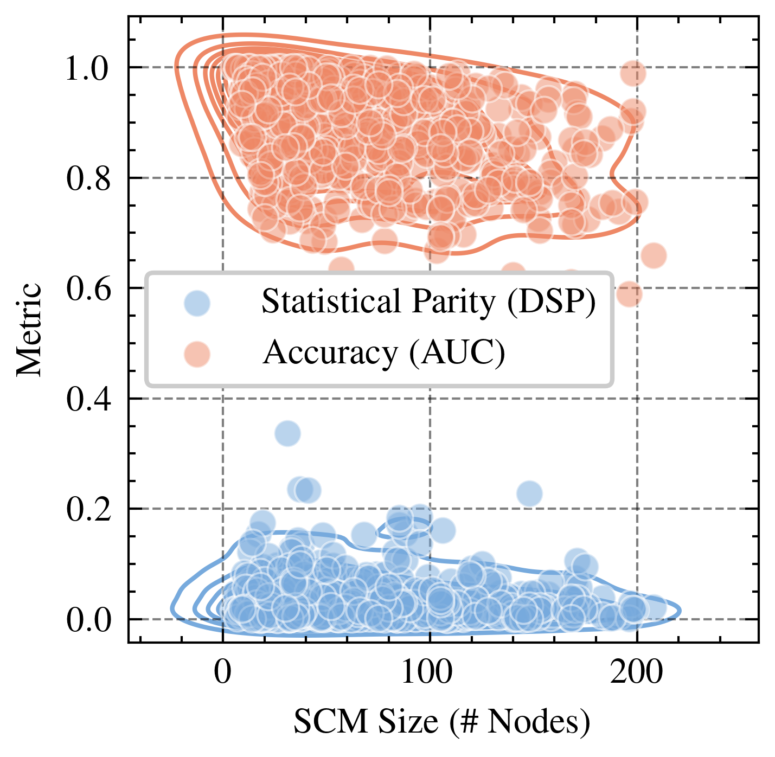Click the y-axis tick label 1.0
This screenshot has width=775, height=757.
[86, 69]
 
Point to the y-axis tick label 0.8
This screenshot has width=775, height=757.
[86, 179]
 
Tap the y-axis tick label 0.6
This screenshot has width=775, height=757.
[86, 289]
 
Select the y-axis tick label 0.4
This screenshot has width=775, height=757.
[86, 400]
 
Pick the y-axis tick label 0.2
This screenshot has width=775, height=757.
[86, 510]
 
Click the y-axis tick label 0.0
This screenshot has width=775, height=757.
[86, 620]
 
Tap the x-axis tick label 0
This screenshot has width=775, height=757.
[223, 672]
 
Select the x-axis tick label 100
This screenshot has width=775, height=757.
[430, 672]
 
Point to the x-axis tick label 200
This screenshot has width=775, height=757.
[636, 672]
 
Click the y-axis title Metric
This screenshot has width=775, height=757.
[29, 329]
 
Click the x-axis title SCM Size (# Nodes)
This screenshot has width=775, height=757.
[441, 722]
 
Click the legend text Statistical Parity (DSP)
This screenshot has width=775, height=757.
[428, 301]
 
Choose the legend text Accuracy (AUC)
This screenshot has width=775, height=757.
[384, 353]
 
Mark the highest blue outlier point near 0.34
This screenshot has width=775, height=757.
[287, 433]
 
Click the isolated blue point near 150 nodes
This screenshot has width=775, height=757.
[529, 493]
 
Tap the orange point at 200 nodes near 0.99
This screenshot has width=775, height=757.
[633, 73]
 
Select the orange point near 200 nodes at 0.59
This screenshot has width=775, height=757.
[629, 294]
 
